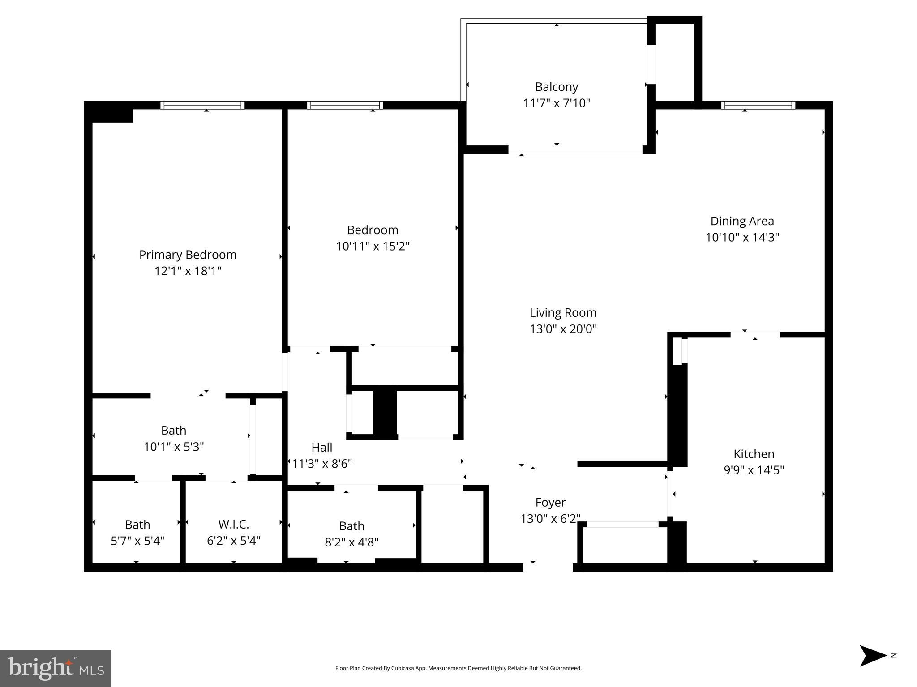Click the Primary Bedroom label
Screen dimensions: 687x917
188,255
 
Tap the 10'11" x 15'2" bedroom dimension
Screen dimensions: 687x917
373,246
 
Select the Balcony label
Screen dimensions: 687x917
556,87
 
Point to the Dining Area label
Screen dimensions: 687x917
742,221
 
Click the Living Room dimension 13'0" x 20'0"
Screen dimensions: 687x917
563,329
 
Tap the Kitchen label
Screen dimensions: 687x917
754,454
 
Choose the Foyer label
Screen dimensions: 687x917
550,502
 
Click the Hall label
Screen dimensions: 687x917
321,447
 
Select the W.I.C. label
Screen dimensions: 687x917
233,524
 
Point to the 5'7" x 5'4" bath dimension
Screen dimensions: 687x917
137,541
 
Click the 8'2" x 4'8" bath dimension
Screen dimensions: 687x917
351,542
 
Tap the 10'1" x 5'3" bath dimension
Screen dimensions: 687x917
174,447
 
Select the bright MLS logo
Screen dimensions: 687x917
56,668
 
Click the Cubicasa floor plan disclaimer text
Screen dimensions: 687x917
458,668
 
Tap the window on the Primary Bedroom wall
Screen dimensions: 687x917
202,105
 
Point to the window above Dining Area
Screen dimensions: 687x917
758,105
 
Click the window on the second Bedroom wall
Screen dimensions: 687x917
345,105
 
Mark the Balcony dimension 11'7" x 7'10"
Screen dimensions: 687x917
556,103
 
